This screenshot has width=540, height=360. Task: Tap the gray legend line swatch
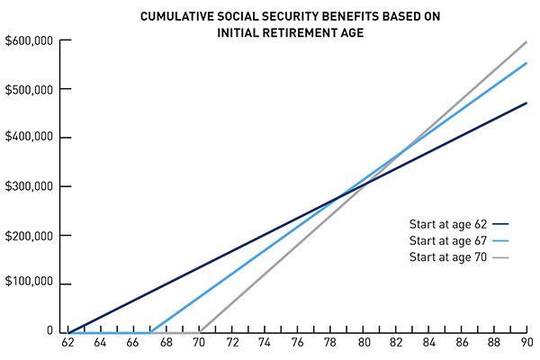[x=502, y=257]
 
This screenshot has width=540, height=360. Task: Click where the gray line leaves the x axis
[x=200, y=331]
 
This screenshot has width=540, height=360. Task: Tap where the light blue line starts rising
[x=150, y=331]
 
